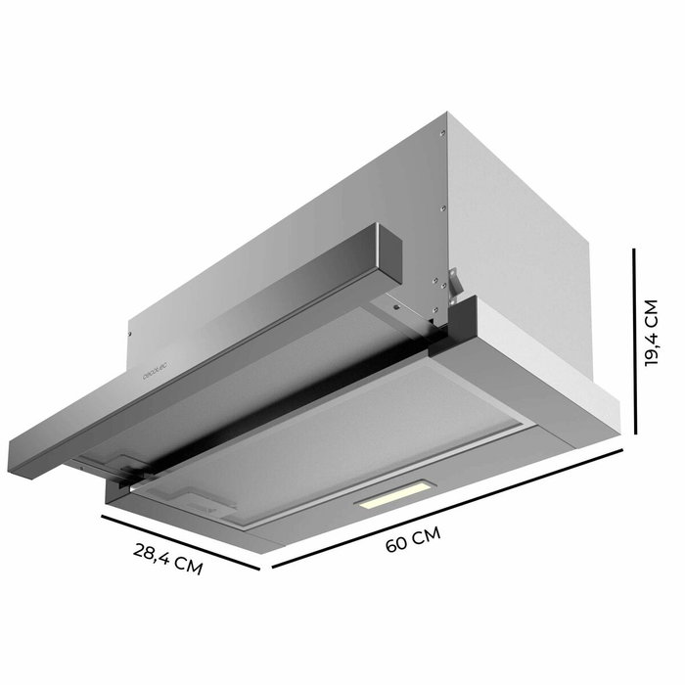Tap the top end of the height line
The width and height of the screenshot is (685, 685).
(636, 251)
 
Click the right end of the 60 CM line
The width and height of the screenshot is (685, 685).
(622, 451)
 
